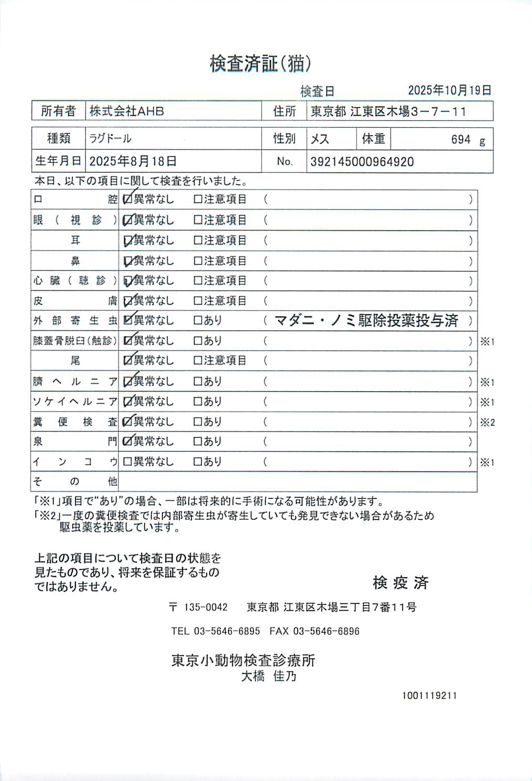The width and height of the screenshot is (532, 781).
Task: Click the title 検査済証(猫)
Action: click(260, 64)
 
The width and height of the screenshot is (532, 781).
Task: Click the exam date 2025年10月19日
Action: click(449, 90)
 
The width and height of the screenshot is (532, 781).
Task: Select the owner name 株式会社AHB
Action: click(127, 111)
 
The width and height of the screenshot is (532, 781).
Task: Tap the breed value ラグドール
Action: click(110, 139)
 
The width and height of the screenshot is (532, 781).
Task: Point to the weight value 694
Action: click(461, 139)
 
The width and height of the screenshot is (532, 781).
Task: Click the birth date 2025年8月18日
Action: click(133, 161)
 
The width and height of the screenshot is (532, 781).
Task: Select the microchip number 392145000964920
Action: click(362, 161)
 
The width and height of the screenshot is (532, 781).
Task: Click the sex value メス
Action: click(320, 139)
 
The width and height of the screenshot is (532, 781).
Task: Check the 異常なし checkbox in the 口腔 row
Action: click(127, 199)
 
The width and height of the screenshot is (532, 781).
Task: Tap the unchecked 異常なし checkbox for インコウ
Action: click(127, 462)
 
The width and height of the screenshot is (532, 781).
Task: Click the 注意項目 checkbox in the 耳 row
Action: click(198, 240)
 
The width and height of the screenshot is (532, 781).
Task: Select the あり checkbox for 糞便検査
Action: click(198, 421)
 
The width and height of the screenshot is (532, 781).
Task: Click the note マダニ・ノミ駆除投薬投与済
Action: click(366, 320)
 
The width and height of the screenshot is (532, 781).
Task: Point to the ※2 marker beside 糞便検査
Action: click(487, 422)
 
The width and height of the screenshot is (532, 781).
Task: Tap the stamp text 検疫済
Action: click(400, 582)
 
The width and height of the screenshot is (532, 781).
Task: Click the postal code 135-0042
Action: click(205, 607)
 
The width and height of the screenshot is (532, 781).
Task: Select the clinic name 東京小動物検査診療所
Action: click(243, 660)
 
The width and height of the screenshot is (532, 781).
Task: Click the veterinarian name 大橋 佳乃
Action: click(268, 676)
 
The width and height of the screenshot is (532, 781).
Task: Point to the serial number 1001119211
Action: click(429, 696)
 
